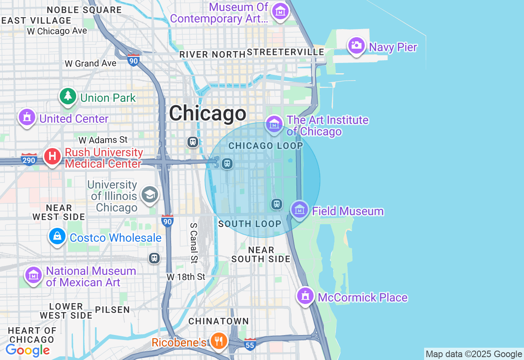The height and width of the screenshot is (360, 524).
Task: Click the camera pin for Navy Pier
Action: point(356,45)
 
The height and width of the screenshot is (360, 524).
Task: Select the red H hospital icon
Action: point(52,157)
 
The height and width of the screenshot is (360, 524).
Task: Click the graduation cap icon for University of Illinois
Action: point(150,195)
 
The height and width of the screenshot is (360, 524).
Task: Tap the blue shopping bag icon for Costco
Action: point(58,236)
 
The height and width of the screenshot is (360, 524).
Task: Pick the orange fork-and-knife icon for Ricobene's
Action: point(219,341)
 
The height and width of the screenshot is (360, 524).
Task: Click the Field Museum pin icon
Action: point(300,210)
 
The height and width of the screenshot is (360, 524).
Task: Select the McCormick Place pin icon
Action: point(305,296)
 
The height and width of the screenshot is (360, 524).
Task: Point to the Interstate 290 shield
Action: point(29,160)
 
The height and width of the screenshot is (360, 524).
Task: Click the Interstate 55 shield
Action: point(250,344)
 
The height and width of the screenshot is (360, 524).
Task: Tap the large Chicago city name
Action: point(208,113)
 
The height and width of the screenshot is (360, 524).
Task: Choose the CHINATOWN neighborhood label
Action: point(219,322)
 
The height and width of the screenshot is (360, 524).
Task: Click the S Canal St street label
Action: point(194,243)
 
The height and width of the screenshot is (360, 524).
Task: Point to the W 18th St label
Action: point(186,277)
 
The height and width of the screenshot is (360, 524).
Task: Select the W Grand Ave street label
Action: point(90,63)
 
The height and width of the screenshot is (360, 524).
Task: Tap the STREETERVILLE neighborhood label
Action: point(285,52)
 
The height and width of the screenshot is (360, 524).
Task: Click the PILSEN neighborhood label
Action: point(113,310)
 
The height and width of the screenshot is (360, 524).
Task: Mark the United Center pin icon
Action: point(27,118)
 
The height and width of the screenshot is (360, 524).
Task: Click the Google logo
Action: point(28,350)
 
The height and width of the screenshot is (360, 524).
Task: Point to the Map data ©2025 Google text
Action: point(474,354)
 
